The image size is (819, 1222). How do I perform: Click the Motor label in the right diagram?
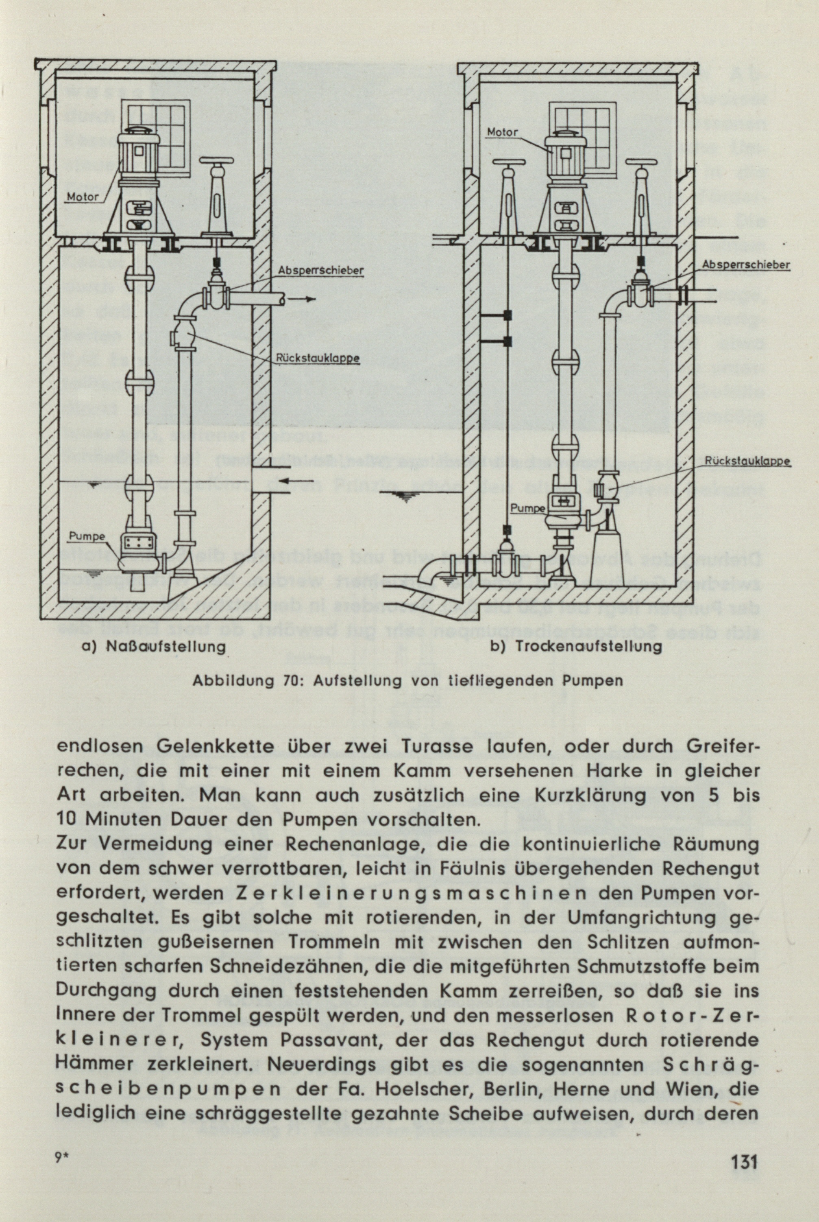click(502, 133)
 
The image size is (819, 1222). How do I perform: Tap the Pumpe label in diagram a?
click(87, 536)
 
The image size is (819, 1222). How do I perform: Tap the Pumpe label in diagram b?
click(527, 508)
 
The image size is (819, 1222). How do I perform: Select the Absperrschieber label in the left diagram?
click(321, 271)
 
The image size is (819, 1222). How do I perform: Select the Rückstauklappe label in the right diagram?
click(747, 461)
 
